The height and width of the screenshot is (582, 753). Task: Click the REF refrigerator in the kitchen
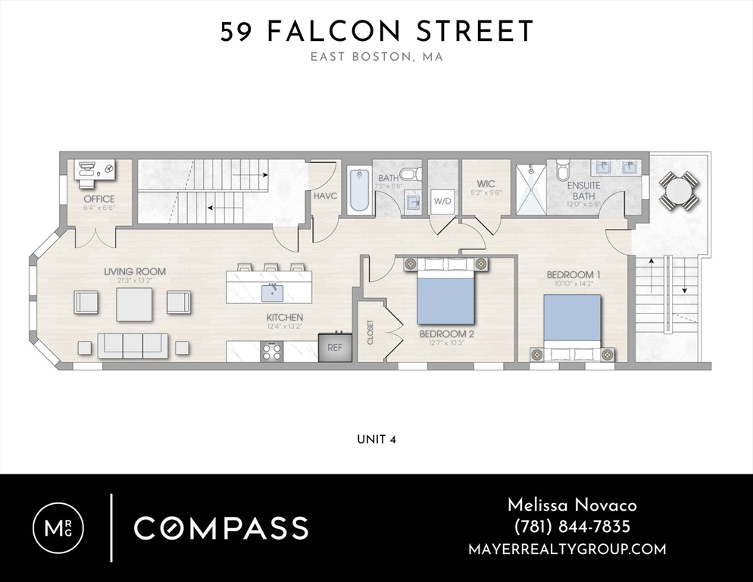coord(334,347)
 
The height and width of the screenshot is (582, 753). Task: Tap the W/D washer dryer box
coord(442,202)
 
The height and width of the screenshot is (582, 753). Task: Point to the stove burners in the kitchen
coord(272,351)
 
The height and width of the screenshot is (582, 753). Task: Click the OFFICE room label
coord(99,199)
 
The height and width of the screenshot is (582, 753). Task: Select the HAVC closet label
coord(325,196)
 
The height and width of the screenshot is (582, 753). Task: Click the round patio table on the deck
coord(679,189)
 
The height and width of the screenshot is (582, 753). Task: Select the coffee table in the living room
coord(134,303)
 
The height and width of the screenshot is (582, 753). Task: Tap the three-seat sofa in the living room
coord(133,345)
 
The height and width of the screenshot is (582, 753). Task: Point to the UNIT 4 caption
coord(376,440)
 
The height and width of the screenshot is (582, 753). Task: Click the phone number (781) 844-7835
coord(572,527)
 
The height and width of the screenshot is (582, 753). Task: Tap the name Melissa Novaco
coord(572,505)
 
